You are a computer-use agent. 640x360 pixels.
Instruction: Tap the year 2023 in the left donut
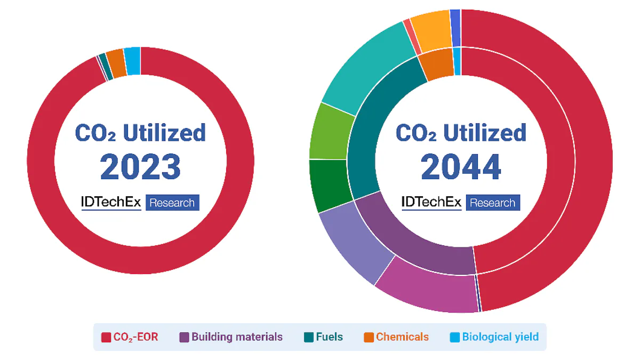(x=140, y=166)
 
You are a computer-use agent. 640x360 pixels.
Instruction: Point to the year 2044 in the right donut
(x=461, y=167)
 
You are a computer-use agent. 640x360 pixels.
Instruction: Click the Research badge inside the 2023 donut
(x=172, y=203)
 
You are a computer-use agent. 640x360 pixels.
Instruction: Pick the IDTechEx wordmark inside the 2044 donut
(x=431, y=202)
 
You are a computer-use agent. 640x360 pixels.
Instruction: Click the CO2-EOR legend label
(x=135, y=337)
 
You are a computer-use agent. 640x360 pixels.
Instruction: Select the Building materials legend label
(x=237, y=337)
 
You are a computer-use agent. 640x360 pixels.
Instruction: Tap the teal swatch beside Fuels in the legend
(x=309, y=337)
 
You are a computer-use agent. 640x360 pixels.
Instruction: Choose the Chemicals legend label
(x=402, y=337)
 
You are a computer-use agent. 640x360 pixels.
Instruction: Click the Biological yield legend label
(x=500, y=337)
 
